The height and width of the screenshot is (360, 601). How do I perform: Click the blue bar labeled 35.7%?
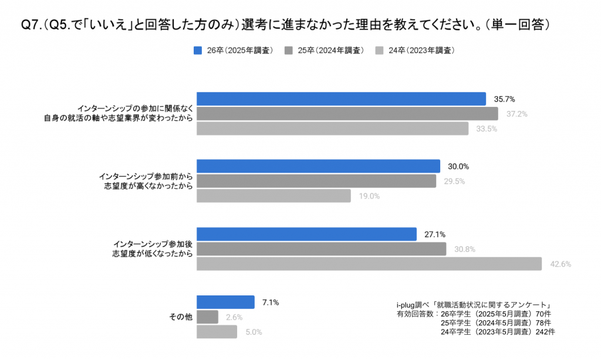click(341, 99)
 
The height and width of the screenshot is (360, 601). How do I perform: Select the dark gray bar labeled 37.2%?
click(347, 113)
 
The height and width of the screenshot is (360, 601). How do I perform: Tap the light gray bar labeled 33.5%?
click(332, 128)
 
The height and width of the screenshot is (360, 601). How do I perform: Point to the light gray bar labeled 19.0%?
click(274, 196)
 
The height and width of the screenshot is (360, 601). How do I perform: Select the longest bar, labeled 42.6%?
click(369, 264)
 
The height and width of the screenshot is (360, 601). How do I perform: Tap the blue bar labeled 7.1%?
click(225, 302)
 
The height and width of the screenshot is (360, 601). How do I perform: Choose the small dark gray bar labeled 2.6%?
click(207, 317)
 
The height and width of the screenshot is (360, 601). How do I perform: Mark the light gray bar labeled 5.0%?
click(217, 332)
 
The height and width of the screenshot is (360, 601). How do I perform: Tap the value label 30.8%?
click(464, 249)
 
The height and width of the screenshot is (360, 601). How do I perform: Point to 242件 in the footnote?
click(545, 332)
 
